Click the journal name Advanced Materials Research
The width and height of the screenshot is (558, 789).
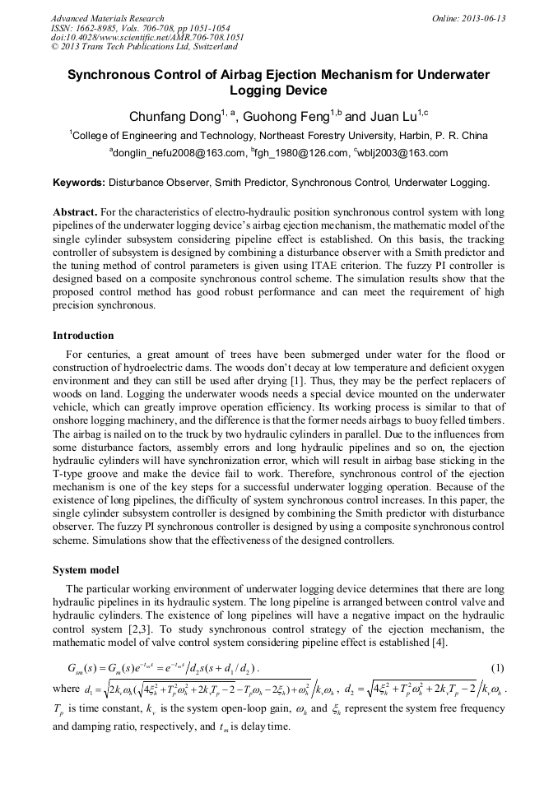point(108,18)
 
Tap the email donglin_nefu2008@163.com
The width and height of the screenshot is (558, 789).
point(180,153)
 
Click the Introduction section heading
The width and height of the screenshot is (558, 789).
point(83,336)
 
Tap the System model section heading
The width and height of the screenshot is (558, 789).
point(86,569)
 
